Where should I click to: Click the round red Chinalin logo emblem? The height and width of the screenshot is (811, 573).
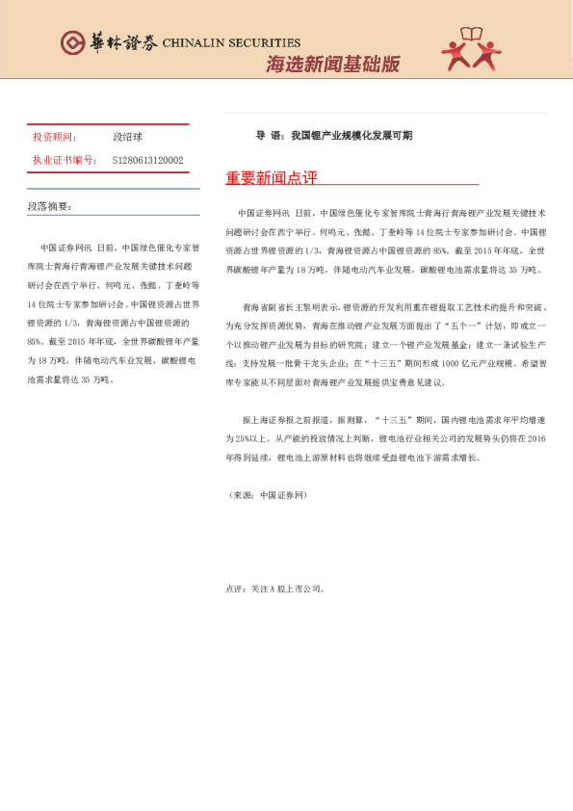coord(72,42)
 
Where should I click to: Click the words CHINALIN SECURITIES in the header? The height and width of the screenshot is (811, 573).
coord(231,43)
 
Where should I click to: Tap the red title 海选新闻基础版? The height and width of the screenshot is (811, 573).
coord(332,65)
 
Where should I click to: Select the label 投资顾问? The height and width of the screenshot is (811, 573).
coord(55,138)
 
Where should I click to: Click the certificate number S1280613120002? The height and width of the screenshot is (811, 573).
coord(147,160)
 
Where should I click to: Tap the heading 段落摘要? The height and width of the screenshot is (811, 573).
coord(50,206)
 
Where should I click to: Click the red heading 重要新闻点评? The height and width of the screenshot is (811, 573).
coord(271,179)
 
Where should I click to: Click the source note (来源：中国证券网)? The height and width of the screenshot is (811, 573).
coord(265,494)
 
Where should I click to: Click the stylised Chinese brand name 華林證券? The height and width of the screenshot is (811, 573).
coord(120,43)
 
